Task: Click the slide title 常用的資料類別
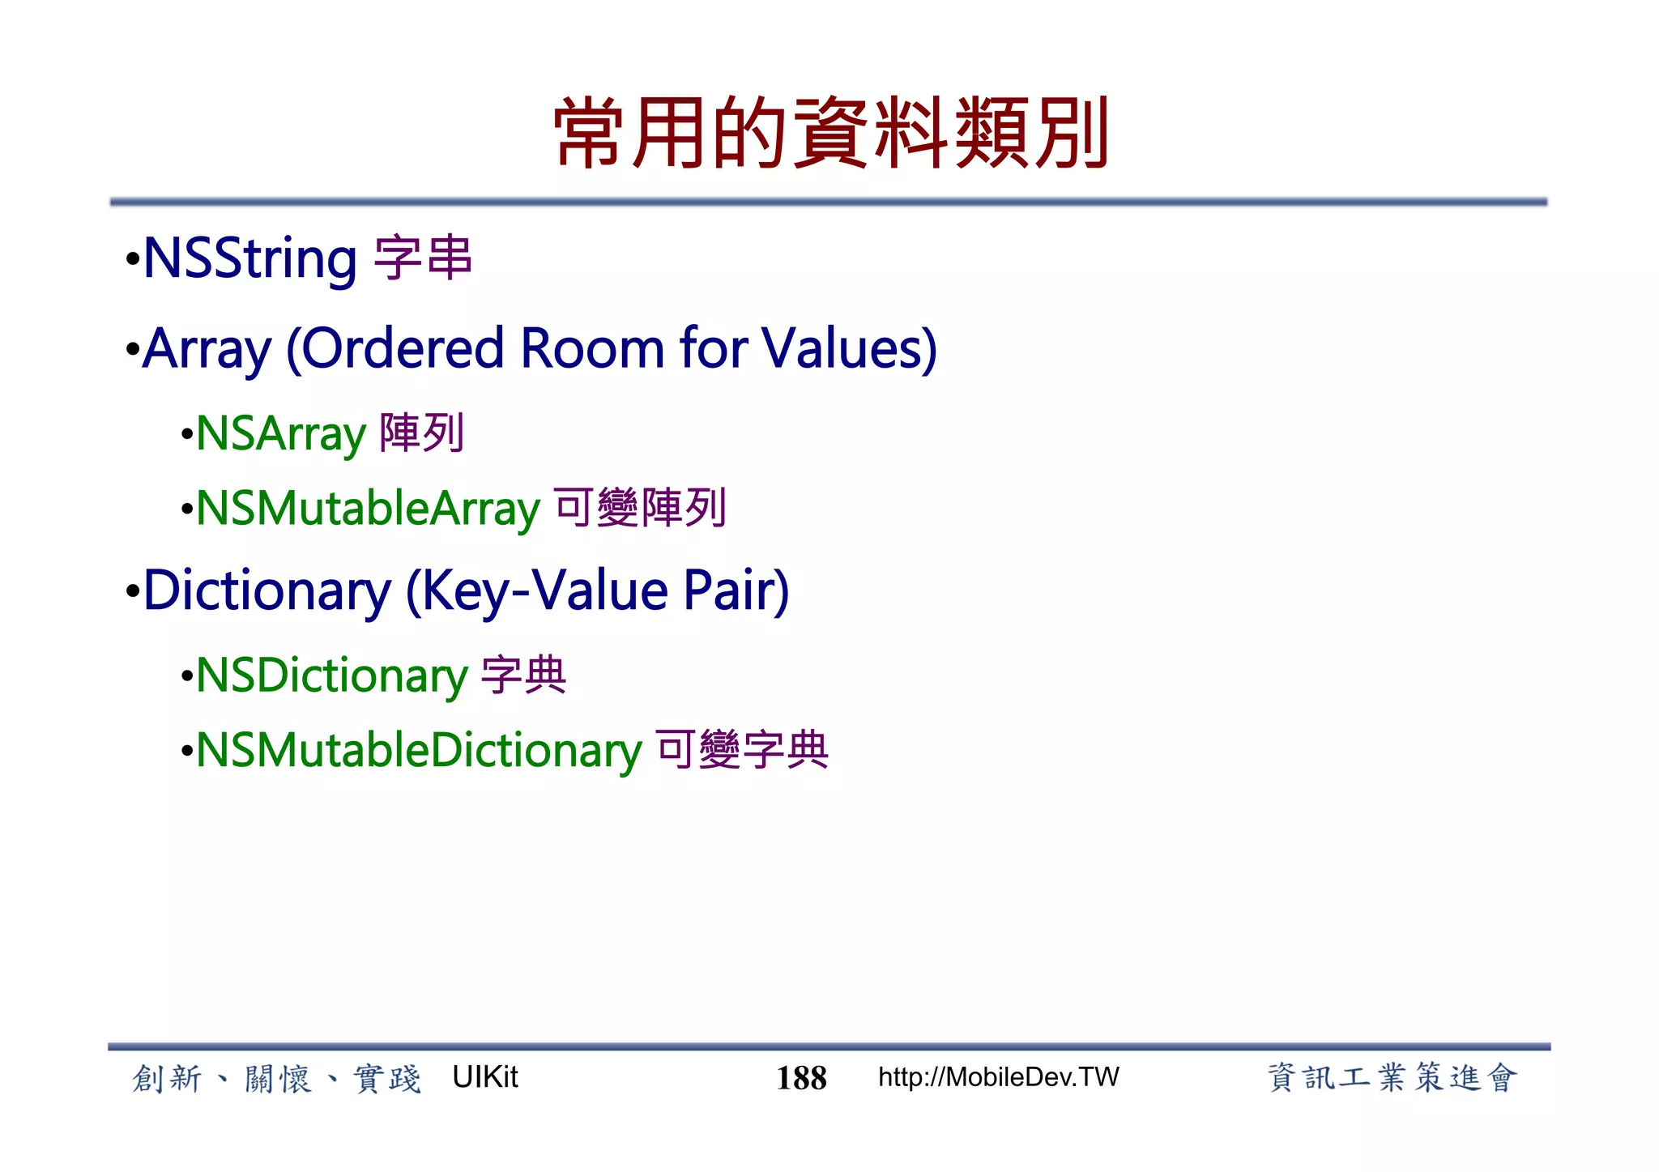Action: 831,133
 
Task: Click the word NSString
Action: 249,259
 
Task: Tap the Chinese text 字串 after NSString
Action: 423,258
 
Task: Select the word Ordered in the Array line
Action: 403,349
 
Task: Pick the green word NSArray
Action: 281,434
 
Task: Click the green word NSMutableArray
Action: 368,509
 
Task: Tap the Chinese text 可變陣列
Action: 640,508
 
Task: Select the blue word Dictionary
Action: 267,590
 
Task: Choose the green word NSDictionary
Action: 332,675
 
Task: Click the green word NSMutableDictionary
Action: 419,750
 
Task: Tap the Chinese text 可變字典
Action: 742,749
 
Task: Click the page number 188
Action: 801,1078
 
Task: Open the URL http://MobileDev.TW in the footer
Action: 998,1077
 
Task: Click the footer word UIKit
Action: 484,1077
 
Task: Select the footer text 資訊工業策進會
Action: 1391,1078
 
